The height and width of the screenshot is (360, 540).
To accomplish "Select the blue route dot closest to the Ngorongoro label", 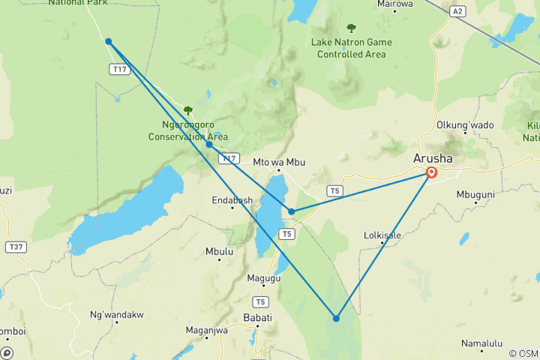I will tap(209, 144).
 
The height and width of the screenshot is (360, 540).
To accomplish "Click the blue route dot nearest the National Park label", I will tap(109, 41).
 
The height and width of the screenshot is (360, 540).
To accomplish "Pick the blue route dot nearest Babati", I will tap(336, 319).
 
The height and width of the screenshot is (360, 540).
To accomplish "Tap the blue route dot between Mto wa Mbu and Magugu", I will tap(292, 211).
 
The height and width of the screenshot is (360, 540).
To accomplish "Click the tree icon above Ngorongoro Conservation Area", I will tap(188, 111).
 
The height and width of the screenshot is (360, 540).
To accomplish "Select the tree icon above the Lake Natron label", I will tap(351, 28).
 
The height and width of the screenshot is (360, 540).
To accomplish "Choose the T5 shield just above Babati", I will tap(260, 301).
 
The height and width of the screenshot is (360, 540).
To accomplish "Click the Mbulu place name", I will tap(219, 252).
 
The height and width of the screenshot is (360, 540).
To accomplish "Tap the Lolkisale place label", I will tap(382, 235).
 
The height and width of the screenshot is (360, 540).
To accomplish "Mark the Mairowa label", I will tap(396, 4).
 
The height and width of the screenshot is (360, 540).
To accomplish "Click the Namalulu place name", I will tap(482, 343).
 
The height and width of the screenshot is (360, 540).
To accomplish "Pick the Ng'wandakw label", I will tap(116, 314).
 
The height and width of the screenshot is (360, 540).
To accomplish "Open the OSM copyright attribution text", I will tap(523, 353).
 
